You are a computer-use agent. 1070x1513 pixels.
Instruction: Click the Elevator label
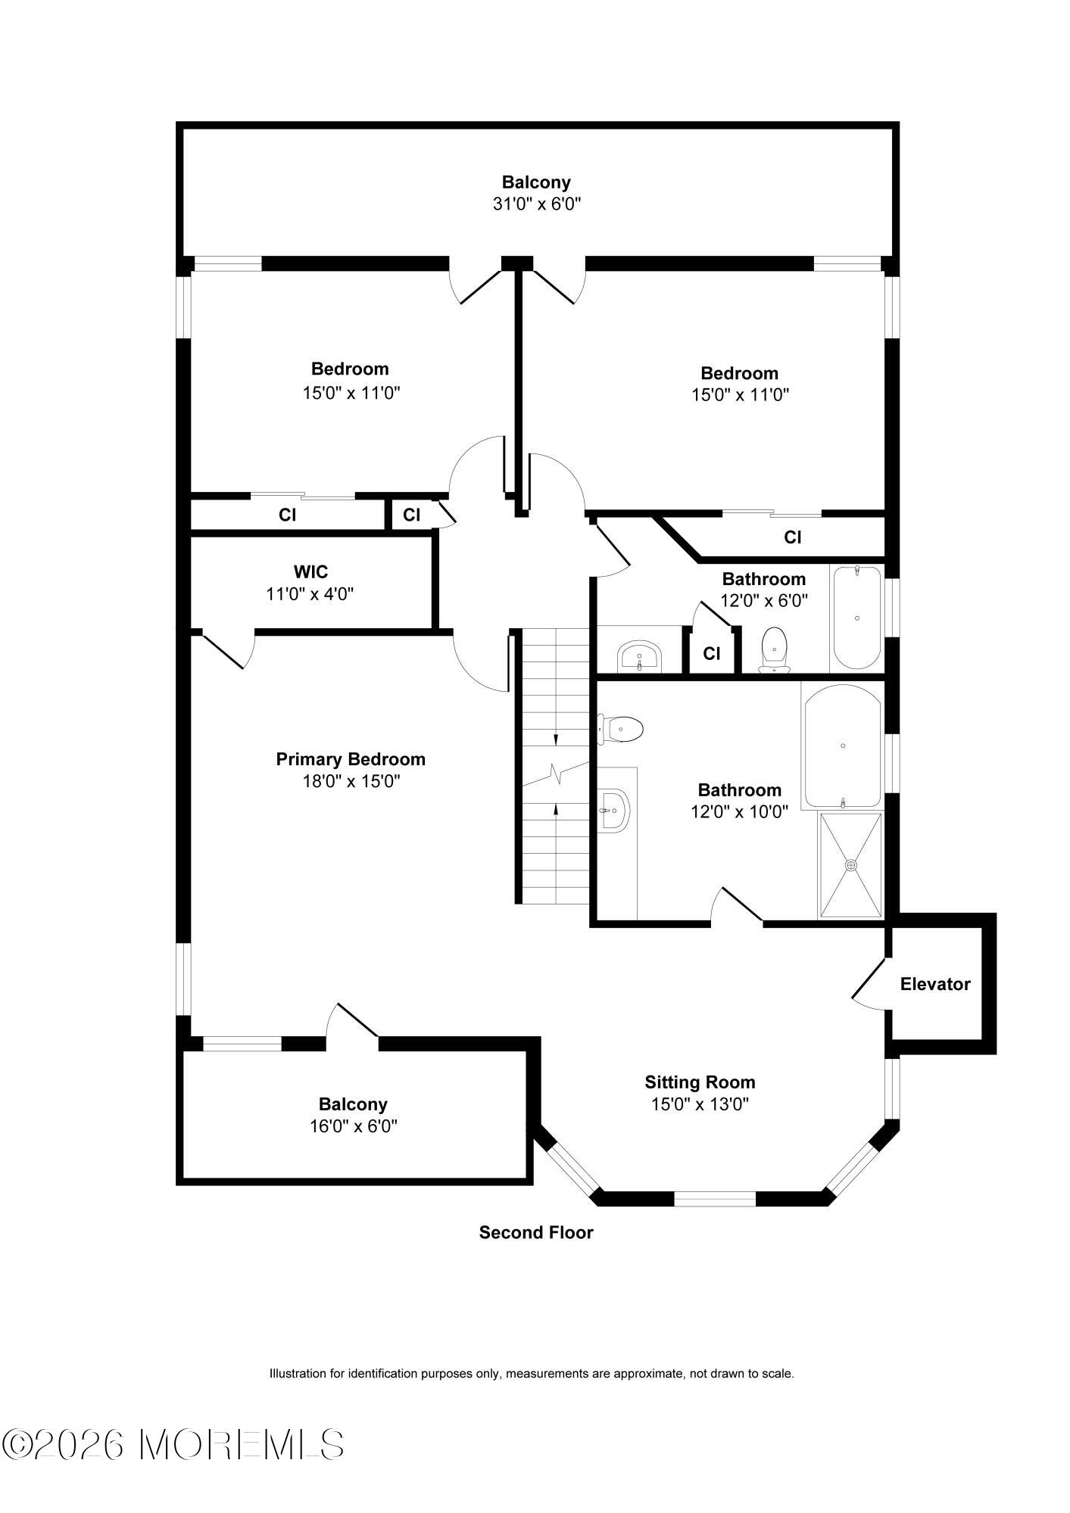coord(934,984)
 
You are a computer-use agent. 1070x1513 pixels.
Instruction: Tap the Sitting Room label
coord(700,1082)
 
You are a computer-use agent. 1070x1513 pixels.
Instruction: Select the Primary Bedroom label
coord(351,759)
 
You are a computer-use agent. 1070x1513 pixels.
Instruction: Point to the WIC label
coord(310,571)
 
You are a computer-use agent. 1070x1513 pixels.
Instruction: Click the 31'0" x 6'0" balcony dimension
coord(537,204)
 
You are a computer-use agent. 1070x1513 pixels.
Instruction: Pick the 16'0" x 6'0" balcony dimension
coord(354,1126)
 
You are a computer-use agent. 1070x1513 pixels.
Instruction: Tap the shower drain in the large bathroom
coord(851,864)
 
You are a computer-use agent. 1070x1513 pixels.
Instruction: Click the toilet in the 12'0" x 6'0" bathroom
coord(774,649)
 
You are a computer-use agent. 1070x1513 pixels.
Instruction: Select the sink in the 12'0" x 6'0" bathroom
coord(640,655)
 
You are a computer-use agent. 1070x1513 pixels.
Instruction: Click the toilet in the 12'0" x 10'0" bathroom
coord(620,730)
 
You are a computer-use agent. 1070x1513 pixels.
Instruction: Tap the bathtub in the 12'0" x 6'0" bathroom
coord(857,618)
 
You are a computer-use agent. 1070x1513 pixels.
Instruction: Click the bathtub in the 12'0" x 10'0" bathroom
coord(843,746)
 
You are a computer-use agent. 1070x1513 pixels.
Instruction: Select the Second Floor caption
coord(536,1232)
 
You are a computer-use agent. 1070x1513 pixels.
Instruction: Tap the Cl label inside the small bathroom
coord(712,653)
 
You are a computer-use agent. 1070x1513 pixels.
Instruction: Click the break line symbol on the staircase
coord(557,775)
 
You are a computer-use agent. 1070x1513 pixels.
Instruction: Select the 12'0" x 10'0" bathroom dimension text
coord(739,812)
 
